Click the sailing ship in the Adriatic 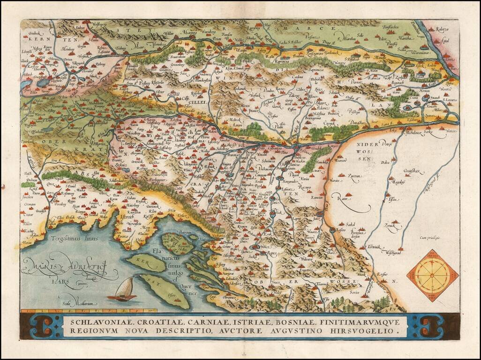point(123,289)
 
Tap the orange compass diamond point(431,275)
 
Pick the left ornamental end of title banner point(45,326)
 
